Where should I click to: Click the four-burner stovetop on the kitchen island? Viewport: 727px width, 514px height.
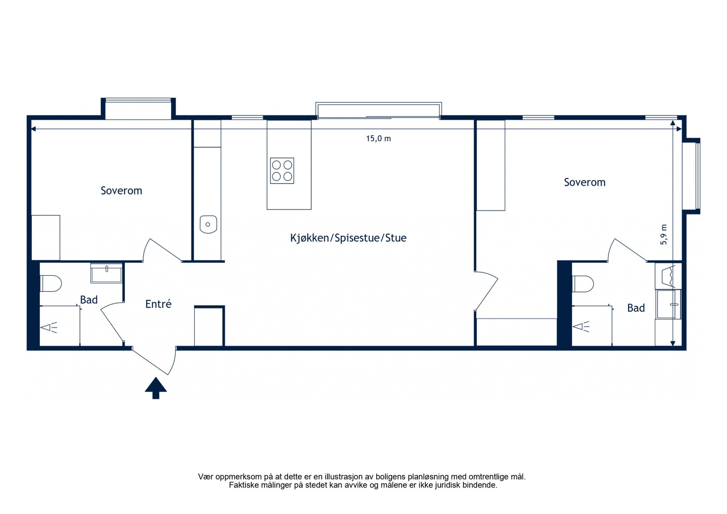(282, 171)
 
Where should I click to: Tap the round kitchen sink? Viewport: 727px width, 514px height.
(208, 225)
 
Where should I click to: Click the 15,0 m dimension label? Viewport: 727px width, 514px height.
(378, 139)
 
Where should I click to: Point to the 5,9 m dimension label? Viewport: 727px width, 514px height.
(664, 235)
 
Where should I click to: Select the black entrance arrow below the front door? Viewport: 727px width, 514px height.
(156, 388)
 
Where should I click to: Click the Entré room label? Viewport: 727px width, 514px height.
(159, 304)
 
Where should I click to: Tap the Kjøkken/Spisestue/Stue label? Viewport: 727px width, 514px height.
(348, 238)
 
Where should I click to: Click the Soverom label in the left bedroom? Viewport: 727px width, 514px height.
(121, 190)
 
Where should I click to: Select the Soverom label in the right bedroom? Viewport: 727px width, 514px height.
(584, 182)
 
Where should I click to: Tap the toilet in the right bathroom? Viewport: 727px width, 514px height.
(583, 284)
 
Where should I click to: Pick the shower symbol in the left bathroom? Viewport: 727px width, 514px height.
(49, 328)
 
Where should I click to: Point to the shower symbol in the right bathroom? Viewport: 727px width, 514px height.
(581, 327)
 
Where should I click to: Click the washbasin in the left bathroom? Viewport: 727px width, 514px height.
(106, 273)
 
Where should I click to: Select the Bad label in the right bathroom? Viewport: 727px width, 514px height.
(636, 308)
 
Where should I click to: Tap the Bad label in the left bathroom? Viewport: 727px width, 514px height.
(89, 299)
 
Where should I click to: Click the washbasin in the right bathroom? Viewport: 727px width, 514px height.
(668, 304)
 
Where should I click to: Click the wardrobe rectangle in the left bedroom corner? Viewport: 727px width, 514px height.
(46, 238)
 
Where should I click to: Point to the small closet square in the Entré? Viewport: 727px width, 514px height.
(209, 326)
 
